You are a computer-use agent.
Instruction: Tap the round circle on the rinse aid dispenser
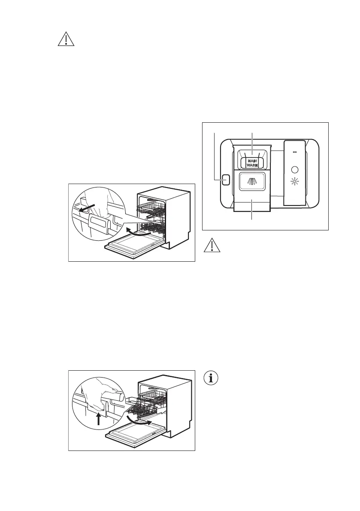(x=294, y=169)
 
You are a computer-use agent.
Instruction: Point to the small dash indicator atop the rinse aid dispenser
(x=294, y=151)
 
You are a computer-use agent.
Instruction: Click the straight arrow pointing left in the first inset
(x=84, y=208)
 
